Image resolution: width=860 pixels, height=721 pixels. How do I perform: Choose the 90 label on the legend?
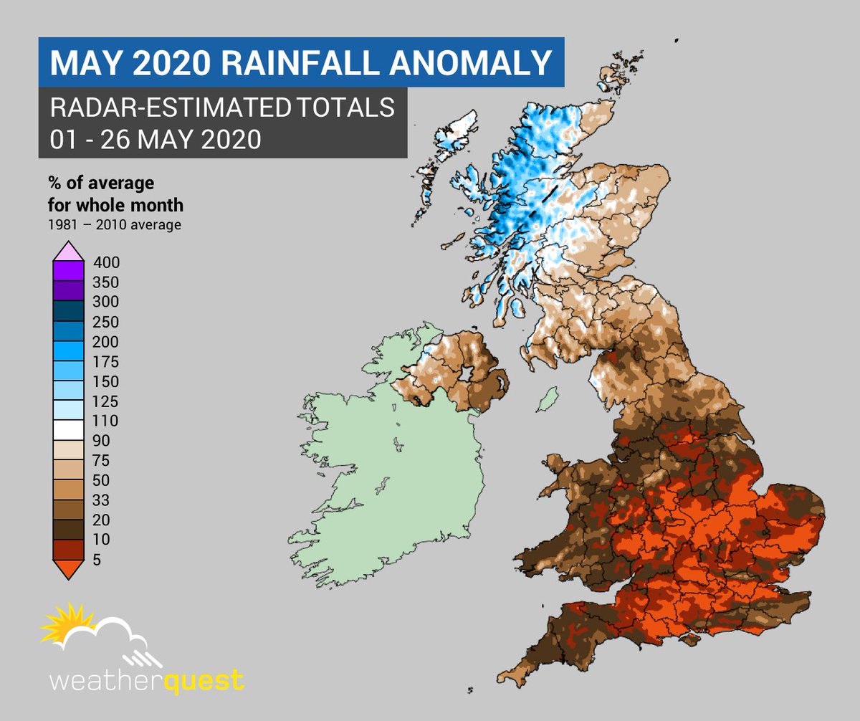[102, 440]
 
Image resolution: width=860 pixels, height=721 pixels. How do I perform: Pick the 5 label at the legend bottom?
[97, 560]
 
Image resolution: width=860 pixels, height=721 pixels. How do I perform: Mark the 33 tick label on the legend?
[102, 500]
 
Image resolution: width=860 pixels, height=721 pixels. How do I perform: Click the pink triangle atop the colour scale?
[70, 252]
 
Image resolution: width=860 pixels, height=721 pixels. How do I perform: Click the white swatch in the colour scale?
[70, 430]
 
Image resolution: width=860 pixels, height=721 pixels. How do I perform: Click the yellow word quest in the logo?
[204, 679]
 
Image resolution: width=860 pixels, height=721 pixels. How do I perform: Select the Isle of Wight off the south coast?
[688, 637]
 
